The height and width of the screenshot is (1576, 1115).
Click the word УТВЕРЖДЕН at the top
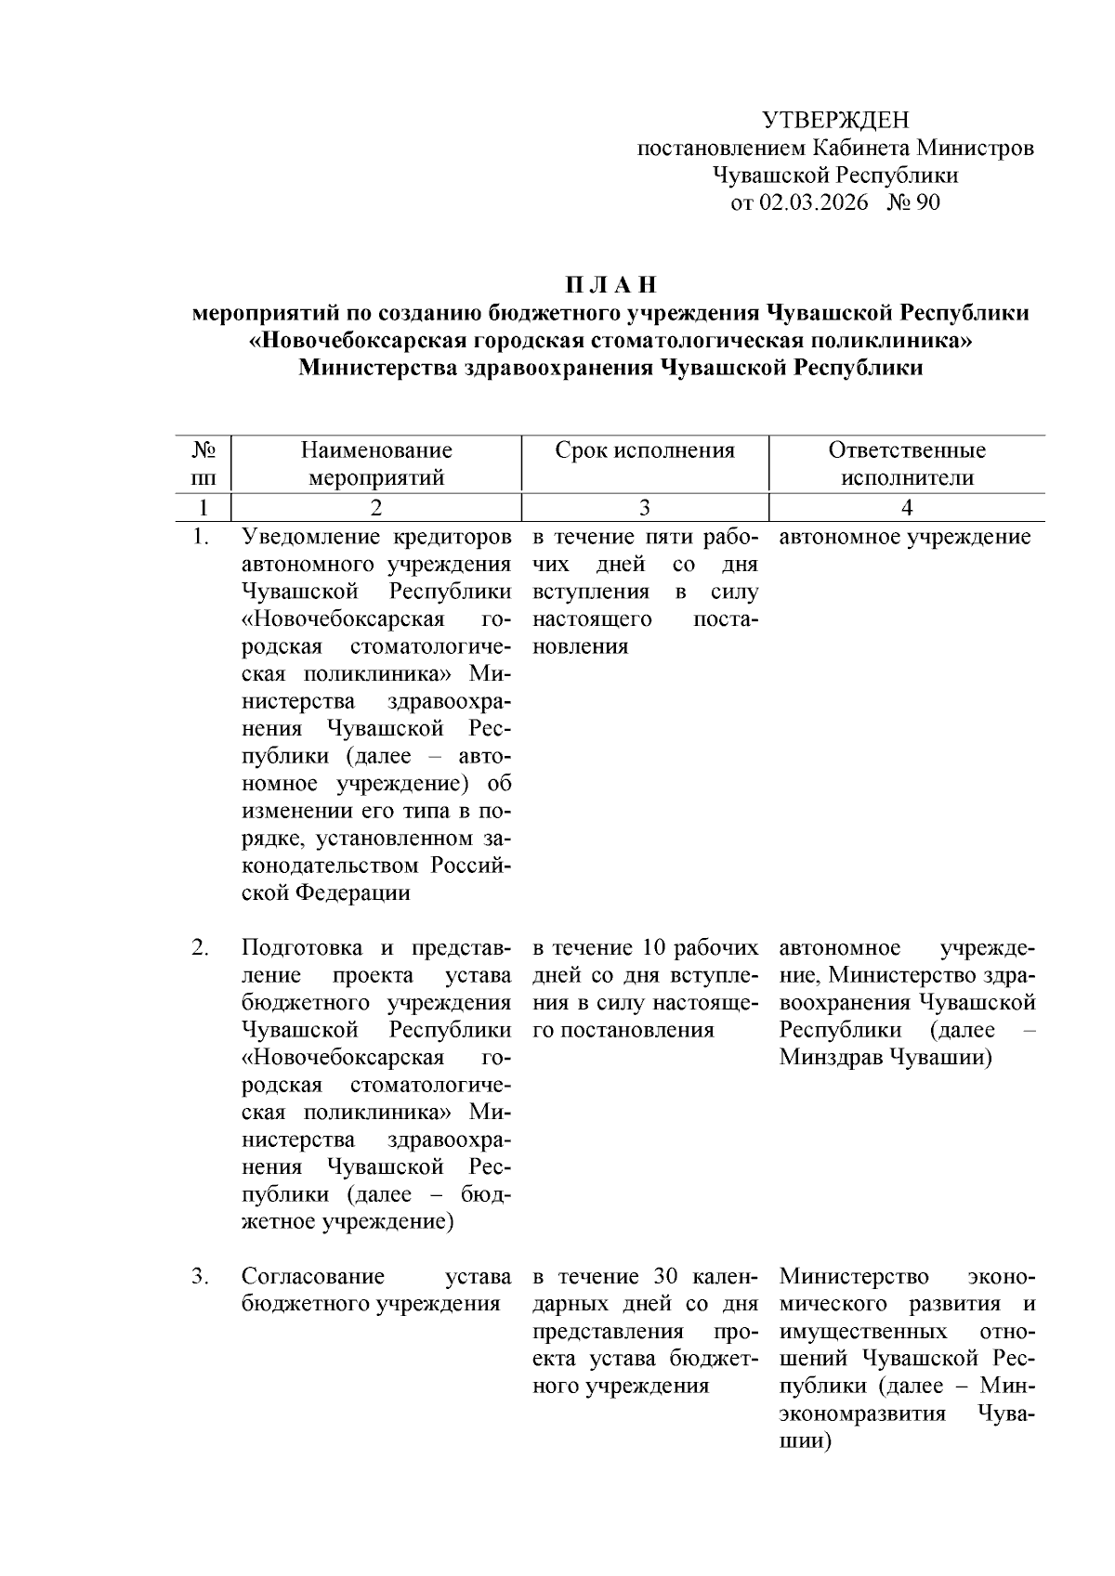834,120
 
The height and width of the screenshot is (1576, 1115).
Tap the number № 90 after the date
914,202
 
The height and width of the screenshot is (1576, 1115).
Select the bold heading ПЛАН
610,283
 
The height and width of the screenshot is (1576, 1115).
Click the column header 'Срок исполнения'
644,450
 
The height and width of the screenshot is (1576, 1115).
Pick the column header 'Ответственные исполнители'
907,463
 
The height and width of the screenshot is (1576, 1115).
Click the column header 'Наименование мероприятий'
376,463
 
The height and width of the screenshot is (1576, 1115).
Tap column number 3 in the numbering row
644,507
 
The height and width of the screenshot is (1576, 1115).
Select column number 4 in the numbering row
907,507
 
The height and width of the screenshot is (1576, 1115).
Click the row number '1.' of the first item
200,537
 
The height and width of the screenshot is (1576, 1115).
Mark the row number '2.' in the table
200,948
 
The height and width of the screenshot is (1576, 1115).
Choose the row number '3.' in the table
200,1277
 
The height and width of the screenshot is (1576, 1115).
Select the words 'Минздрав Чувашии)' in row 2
885,1058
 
